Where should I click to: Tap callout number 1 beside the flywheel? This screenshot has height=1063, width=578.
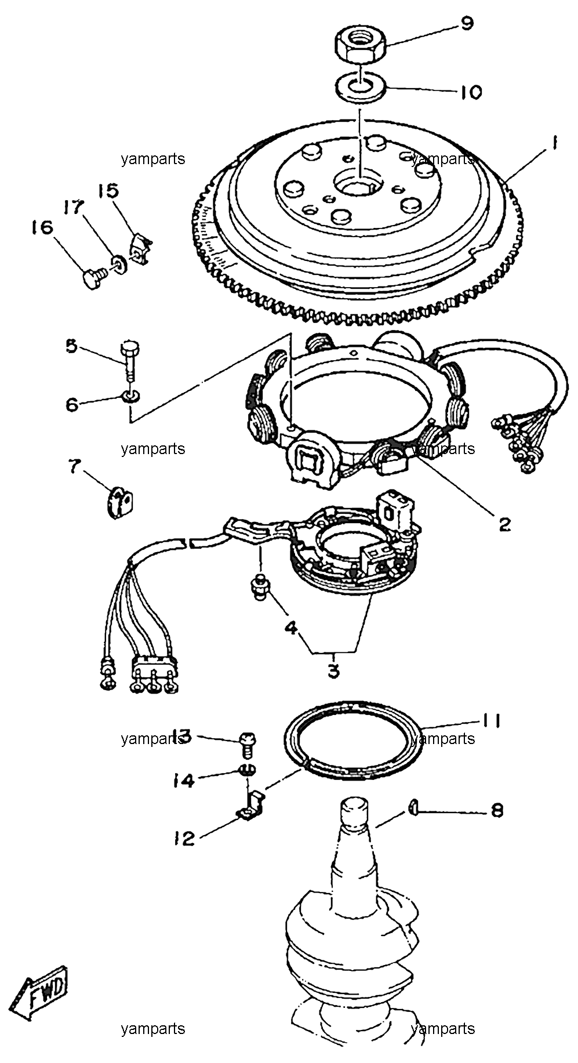[x=555, y=142]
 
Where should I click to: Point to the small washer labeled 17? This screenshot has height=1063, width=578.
[x=118, y=264]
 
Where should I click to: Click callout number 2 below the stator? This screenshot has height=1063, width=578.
[x=504, y=524]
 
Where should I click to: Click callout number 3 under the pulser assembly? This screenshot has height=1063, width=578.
[x=333, y=672]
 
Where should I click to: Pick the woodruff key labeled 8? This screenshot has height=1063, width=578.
[x=412, y=806]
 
